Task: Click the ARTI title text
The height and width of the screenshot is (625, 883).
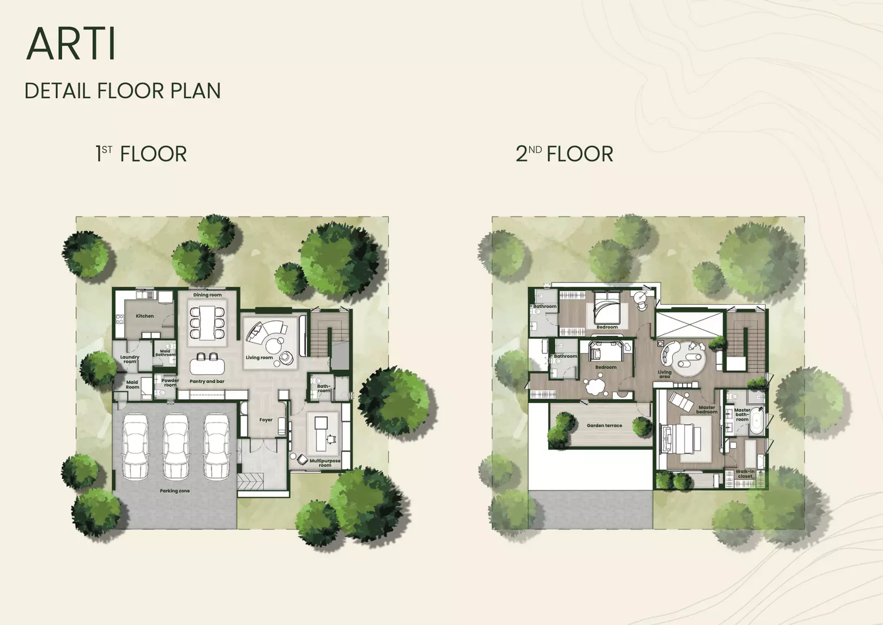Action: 71,44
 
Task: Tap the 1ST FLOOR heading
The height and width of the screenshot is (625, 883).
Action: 141,154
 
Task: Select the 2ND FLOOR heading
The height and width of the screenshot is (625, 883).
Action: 565,154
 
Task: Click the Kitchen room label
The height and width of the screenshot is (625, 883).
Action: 144,316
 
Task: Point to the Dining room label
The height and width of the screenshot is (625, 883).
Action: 207,295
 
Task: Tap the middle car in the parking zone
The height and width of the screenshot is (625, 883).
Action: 176,446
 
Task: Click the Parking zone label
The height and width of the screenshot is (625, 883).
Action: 174,491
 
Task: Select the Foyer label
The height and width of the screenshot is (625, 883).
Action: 265,420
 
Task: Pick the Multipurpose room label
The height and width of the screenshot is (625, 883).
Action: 325,463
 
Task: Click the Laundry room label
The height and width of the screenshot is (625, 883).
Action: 130,359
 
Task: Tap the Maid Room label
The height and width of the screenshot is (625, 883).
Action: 132,384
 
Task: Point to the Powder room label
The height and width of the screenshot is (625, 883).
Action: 170,382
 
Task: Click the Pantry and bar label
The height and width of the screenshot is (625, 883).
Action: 207,381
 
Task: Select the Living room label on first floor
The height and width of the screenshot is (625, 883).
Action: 259,358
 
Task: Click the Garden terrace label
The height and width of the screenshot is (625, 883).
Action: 604,425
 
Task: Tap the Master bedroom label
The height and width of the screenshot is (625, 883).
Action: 707,410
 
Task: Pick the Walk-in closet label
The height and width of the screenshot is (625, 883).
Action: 745,473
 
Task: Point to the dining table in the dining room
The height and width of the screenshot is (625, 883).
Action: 207,323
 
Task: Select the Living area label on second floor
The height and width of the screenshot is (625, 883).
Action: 664,374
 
